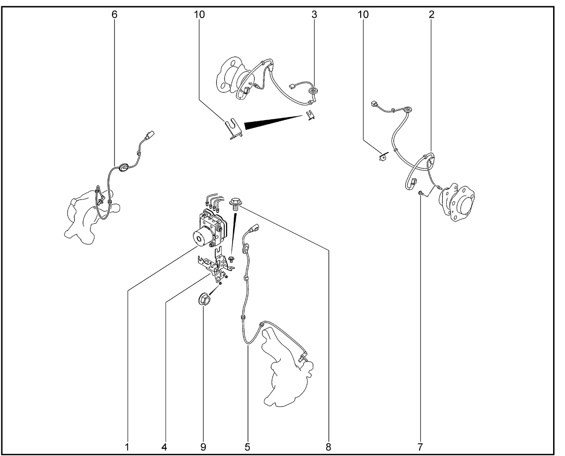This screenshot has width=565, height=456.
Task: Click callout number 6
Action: [x=114, y=15]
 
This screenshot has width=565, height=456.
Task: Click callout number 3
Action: [x=314, y=15]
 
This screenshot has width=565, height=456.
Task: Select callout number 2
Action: [x=432, y=15]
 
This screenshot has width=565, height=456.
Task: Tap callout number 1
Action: [x=127, y=447]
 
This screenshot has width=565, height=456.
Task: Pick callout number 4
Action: [x=164, y=447]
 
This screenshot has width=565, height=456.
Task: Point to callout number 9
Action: [x=203, y=447]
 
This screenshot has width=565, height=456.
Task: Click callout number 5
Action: [x=247, y=447]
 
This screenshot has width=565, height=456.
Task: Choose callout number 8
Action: [x=328, y=447]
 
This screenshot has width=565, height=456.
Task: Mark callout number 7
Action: [x=420, y=447]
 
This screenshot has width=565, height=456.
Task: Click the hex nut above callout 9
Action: [x=204, y=299]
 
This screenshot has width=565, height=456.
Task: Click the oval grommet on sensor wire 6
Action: [x=123, y=167]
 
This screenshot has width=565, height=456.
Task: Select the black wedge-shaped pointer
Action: [x=274, y=122]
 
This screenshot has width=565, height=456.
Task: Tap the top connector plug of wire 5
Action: [x=255, y=228]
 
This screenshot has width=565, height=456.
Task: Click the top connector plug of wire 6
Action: [x=150, y=135]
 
